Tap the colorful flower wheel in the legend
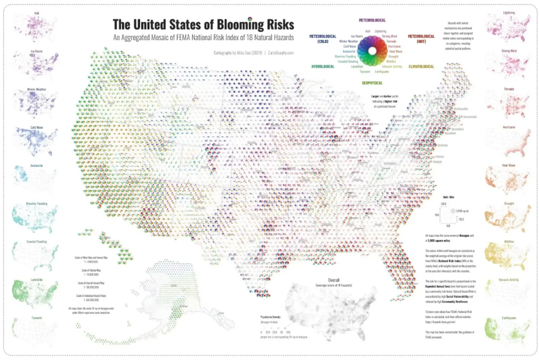tap(372, 51)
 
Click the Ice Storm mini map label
tap(36, 51)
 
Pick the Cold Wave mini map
tap(35, 142)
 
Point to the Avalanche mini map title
tap(36, 166)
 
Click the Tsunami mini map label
tap(36, 318)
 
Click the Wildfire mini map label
tap(509, 242)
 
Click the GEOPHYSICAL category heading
tap(372, 83)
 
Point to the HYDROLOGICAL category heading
tap(322, 67)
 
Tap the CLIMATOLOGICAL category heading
tap(421, 67)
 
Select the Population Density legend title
tap(270, 317)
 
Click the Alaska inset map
tap(175, 297)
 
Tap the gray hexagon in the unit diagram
tap(453, 211)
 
